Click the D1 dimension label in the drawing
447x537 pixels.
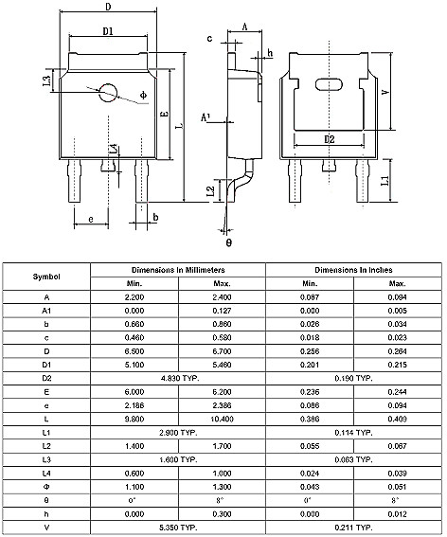point(108,31)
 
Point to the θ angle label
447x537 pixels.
point(228,242)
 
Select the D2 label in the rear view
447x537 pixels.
point(330,139)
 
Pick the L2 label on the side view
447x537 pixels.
point(210,191)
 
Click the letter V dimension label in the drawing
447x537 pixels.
point(384,93)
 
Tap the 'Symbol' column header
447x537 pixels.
point(46,277)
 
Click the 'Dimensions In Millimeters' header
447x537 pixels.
point(177,270)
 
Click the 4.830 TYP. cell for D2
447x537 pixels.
point(177,377)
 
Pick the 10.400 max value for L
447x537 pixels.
point(222,418)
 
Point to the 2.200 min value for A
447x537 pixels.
point(134,297)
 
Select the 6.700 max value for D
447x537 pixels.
point(222,350)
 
